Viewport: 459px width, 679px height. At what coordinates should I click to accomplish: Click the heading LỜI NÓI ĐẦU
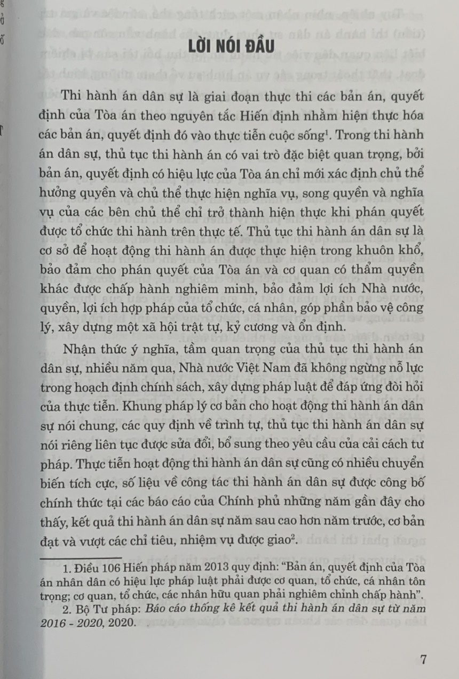[231, 46]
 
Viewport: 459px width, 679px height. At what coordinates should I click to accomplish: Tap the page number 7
[423, 660]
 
